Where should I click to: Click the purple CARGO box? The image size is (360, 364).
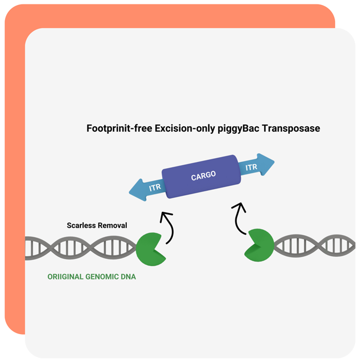(x=201, y=176)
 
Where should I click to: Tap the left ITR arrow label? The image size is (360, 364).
(x=155, y=188)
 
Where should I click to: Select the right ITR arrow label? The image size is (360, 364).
(x=251, y=167)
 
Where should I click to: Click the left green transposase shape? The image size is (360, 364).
(x=151, y=249)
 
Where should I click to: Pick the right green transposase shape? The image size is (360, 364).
(x=259, y=245)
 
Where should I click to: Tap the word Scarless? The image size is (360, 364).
(x=81, y=225)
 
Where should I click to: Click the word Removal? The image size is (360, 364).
(x=112, y=225)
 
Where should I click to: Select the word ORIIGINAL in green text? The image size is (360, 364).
(x=65, y=277)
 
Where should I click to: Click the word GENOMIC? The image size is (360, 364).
(x=102, y=277)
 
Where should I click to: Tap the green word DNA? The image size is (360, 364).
(x=128, y=277)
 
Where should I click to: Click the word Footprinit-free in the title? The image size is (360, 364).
(x=120, y=128)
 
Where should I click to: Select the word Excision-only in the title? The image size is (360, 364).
(x=185, y=128)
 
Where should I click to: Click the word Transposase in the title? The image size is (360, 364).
(x=291, y=128)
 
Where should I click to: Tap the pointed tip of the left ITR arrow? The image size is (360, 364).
(x=129, y=192)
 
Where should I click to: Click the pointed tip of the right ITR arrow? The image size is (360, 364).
(x=275, y=161)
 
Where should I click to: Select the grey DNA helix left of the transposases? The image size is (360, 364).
(x=80, y=248)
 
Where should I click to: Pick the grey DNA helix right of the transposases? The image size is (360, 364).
(x=315, y=246)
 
